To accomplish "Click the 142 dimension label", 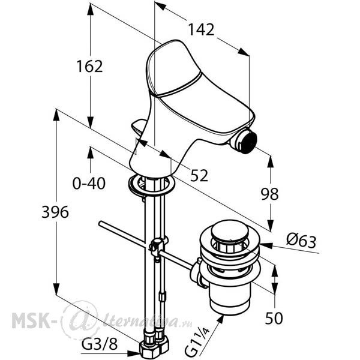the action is (x=201, y=29).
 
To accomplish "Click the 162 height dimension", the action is (x=89, y=67).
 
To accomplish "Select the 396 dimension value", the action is (x=55, y=212).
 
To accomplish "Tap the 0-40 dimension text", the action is (x=89, y=183).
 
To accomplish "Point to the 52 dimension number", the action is (x=199, y=175).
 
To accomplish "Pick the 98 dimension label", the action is (x=270, y=194).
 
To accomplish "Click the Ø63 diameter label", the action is (x=301, y=242).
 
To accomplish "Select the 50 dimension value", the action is (x=274, y=318).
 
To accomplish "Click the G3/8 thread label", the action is (x=100, y=344).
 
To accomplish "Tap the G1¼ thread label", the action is (x=197, y=343).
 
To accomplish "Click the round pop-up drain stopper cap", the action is (x=230, y=230).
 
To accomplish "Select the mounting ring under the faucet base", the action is (x=152, y=184).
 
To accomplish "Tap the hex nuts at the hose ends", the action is (x=154, y=346).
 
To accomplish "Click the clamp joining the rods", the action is (x=157, y=247).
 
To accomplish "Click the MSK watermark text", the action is (x=31, y=320).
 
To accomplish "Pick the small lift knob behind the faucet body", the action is (x=139, y=128).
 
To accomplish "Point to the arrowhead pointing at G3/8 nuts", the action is (x=134, y=353).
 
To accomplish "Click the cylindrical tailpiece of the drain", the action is (x=230, y=299).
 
